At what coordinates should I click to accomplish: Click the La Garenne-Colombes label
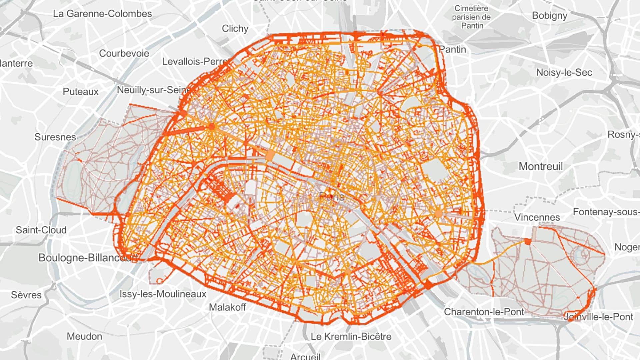[x=102, y=14]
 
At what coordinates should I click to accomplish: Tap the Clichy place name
[x=235, y=29]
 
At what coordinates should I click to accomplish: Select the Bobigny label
[x=549, y=16]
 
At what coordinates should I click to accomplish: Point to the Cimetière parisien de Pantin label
[x=471, y=17]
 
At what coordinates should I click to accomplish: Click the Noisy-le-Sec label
[x=564, y=72]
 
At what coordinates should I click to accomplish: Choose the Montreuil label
[x=541, y=166]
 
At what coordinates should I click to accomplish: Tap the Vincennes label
[x=537, y=217]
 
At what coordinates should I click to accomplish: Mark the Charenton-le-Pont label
[x=484, y=312]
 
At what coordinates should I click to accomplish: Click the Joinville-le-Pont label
[x=598, y=317]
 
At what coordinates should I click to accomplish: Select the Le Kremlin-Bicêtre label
[x=351, y=336]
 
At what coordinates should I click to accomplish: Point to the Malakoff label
[x=227, y=307]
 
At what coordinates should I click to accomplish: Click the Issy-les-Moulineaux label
[x=163, y=294]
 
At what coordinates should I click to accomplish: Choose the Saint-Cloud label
[x=41, y=230]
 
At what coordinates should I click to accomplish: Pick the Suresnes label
[x=55, y=137]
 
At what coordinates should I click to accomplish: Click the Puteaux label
[x=81, y=92]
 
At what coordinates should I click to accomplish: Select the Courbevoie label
[x=124, y=53]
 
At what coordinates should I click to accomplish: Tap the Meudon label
[x=84, y=336]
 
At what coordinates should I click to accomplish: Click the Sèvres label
[x=26, y=295]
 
